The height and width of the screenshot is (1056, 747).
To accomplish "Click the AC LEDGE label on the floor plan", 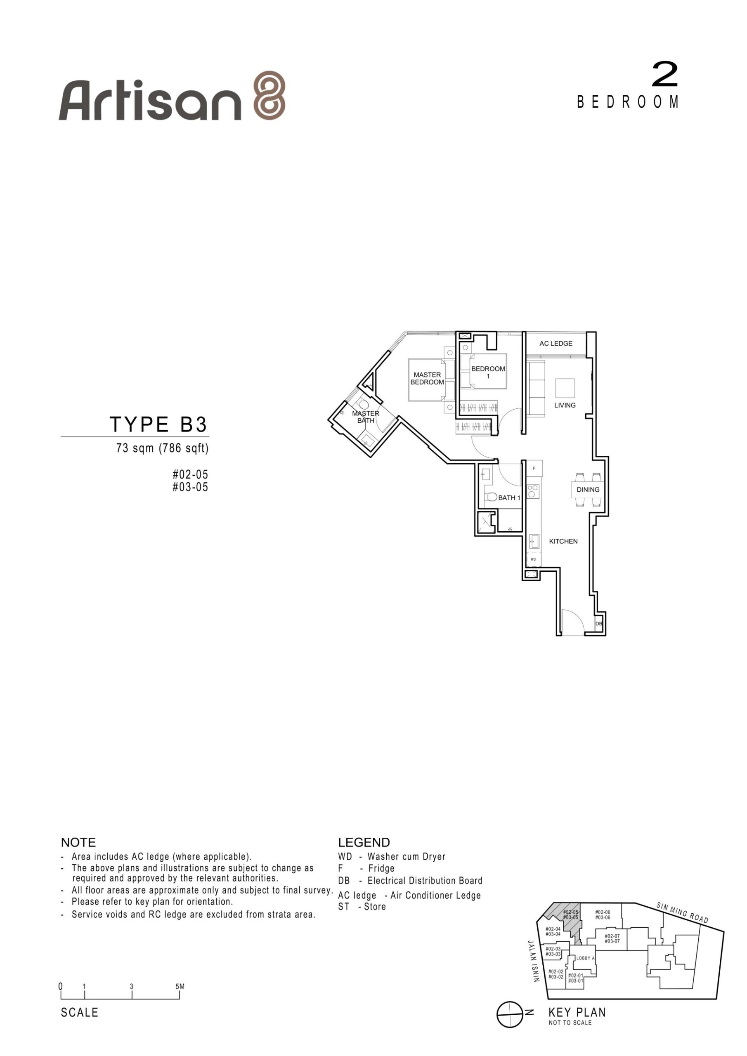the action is tap(556, 344).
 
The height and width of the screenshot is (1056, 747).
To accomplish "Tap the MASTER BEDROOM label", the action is tap(427, 379).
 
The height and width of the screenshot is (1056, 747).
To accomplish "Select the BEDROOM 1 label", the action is tap(488, 372).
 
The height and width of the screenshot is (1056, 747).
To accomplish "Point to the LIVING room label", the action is tap(565, 405).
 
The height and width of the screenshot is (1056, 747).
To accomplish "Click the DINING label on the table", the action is tap(588, 489).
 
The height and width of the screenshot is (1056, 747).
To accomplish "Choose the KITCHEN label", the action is tap(563, 541).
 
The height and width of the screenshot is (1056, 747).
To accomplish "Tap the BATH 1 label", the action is tap(509, 497).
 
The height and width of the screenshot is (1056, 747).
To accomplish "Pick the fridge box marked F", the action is tap(534, 468).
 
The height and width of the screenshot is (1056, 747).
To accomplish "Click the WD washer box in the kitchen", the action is tap(534, 559).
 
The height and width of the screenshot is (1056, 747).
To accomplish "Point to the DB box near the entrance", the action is tap(598, 624).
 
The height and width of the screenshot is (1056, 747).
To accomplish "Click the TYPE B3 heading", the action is tap(158, 424).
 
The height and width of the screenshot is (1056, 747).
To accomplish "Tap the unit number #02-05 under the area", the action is tap(190, 474).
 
